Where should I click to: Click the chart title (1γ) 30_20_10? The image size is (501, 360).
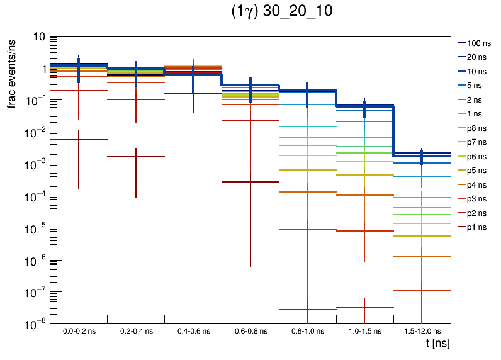pos(282,13)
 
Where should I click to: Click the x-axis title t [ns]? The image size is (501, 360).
pos(437,344)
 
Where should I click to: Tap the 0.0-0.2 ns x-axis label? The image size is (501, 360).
pos(79,331)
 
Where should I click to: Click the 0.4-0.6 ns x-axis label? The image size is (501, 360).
pos(193,331)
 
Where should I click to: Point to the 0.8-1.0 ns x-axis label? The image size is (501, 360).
pos(307,331)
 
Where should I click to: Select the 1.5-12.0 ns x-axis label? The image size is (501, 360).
pos(422,331)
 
